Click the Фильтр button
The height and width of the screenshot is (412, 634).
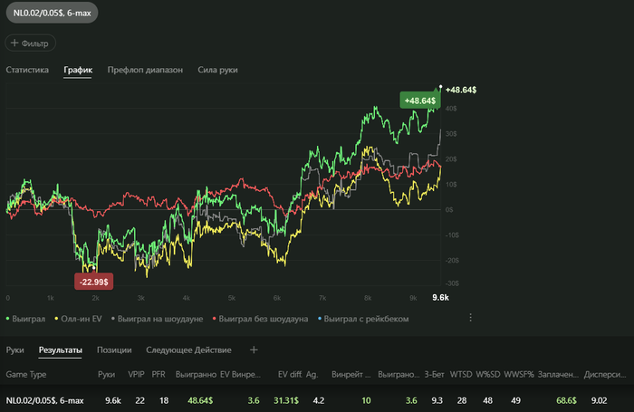[32, 43]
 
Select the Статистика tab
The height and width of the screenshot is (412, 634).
[27, 70]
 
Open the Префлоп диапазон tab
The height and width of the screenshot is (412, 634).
[145, 70]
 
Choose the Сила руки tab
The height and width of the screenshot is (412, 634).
[217, 70]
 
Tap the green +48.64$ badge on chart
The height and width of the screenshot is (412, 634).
[419, 101]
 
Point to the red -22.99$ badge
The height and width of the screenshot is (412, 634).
[94, 282]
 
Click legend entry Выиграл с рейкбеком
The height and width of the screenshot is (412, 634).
[365, 319]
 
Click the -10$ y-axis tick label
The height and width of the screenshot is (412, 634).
[451, 234]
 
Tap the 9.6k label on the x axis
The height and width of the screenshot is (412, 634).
[441, 297]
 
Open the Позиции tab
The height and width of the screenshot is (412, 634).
[114, 350]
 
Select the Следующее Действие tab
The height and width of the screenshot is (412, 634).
[188, 350]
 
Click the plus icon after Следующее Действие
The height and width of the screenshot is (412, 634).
[254, 350]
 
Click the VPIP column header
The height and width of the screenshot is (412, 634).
[137, 374]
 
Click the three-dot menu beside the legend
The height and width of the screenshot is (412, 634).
[470, 318]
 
